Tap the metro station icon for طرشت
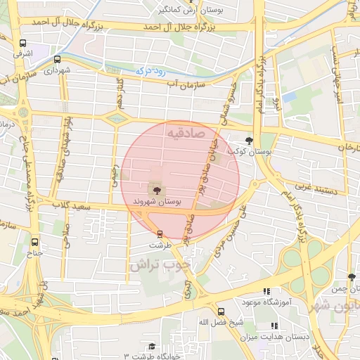tap(160, 233)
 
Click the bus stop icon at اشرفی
tap(22, 41)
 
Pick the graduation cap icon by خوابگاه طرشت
tap(151, 346)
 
